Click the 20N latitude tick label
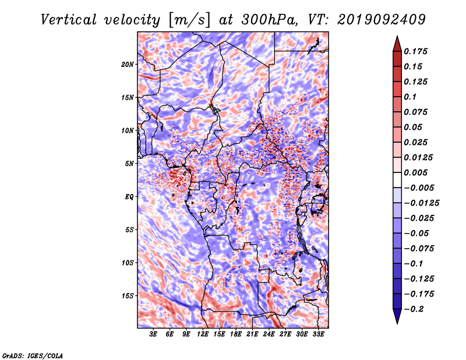[x=128, y=64]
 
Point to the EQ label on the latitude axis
[x=129, y=197]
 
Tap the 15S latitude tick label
[x=128, y=296]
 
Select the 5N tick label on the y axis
[x=129, y=164]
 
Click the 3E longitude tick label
[x=154, y=335]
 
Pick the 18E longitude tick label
[x=236, y=335]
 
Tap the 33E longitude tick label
[x=318, y=335]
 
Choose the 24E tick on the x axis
[x=269, y=335]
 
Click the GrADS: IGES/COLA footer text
[x=33, y=355]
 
